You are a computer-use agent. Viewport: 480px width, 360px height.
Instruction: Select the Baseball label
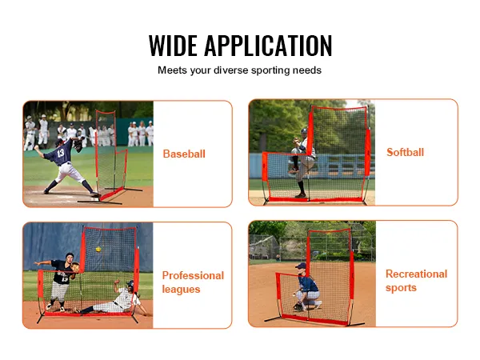[184, 154]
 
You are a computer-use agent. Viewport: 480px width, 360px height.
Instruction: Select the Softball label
[405, 152]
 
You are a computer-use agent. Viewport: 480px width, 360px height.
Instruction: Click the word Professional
[193, 275]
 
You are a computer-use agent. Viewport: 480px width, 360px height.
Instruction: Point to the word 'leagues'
[181, 289]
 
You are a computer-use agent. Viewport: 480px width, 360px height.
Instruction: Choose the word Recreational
[416, 274]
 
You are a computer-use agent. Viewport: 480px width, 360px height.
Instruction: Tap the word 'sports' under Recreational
[402, 288]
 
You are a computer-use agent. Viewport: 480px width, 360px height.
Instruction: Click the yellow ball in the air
[98, 250]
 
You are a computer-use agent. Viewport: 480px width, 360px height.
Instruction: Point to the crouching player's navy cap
[301, 266]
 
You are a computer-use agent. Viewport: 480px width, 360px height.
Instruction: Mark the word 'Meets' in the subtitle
[172, 70]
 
